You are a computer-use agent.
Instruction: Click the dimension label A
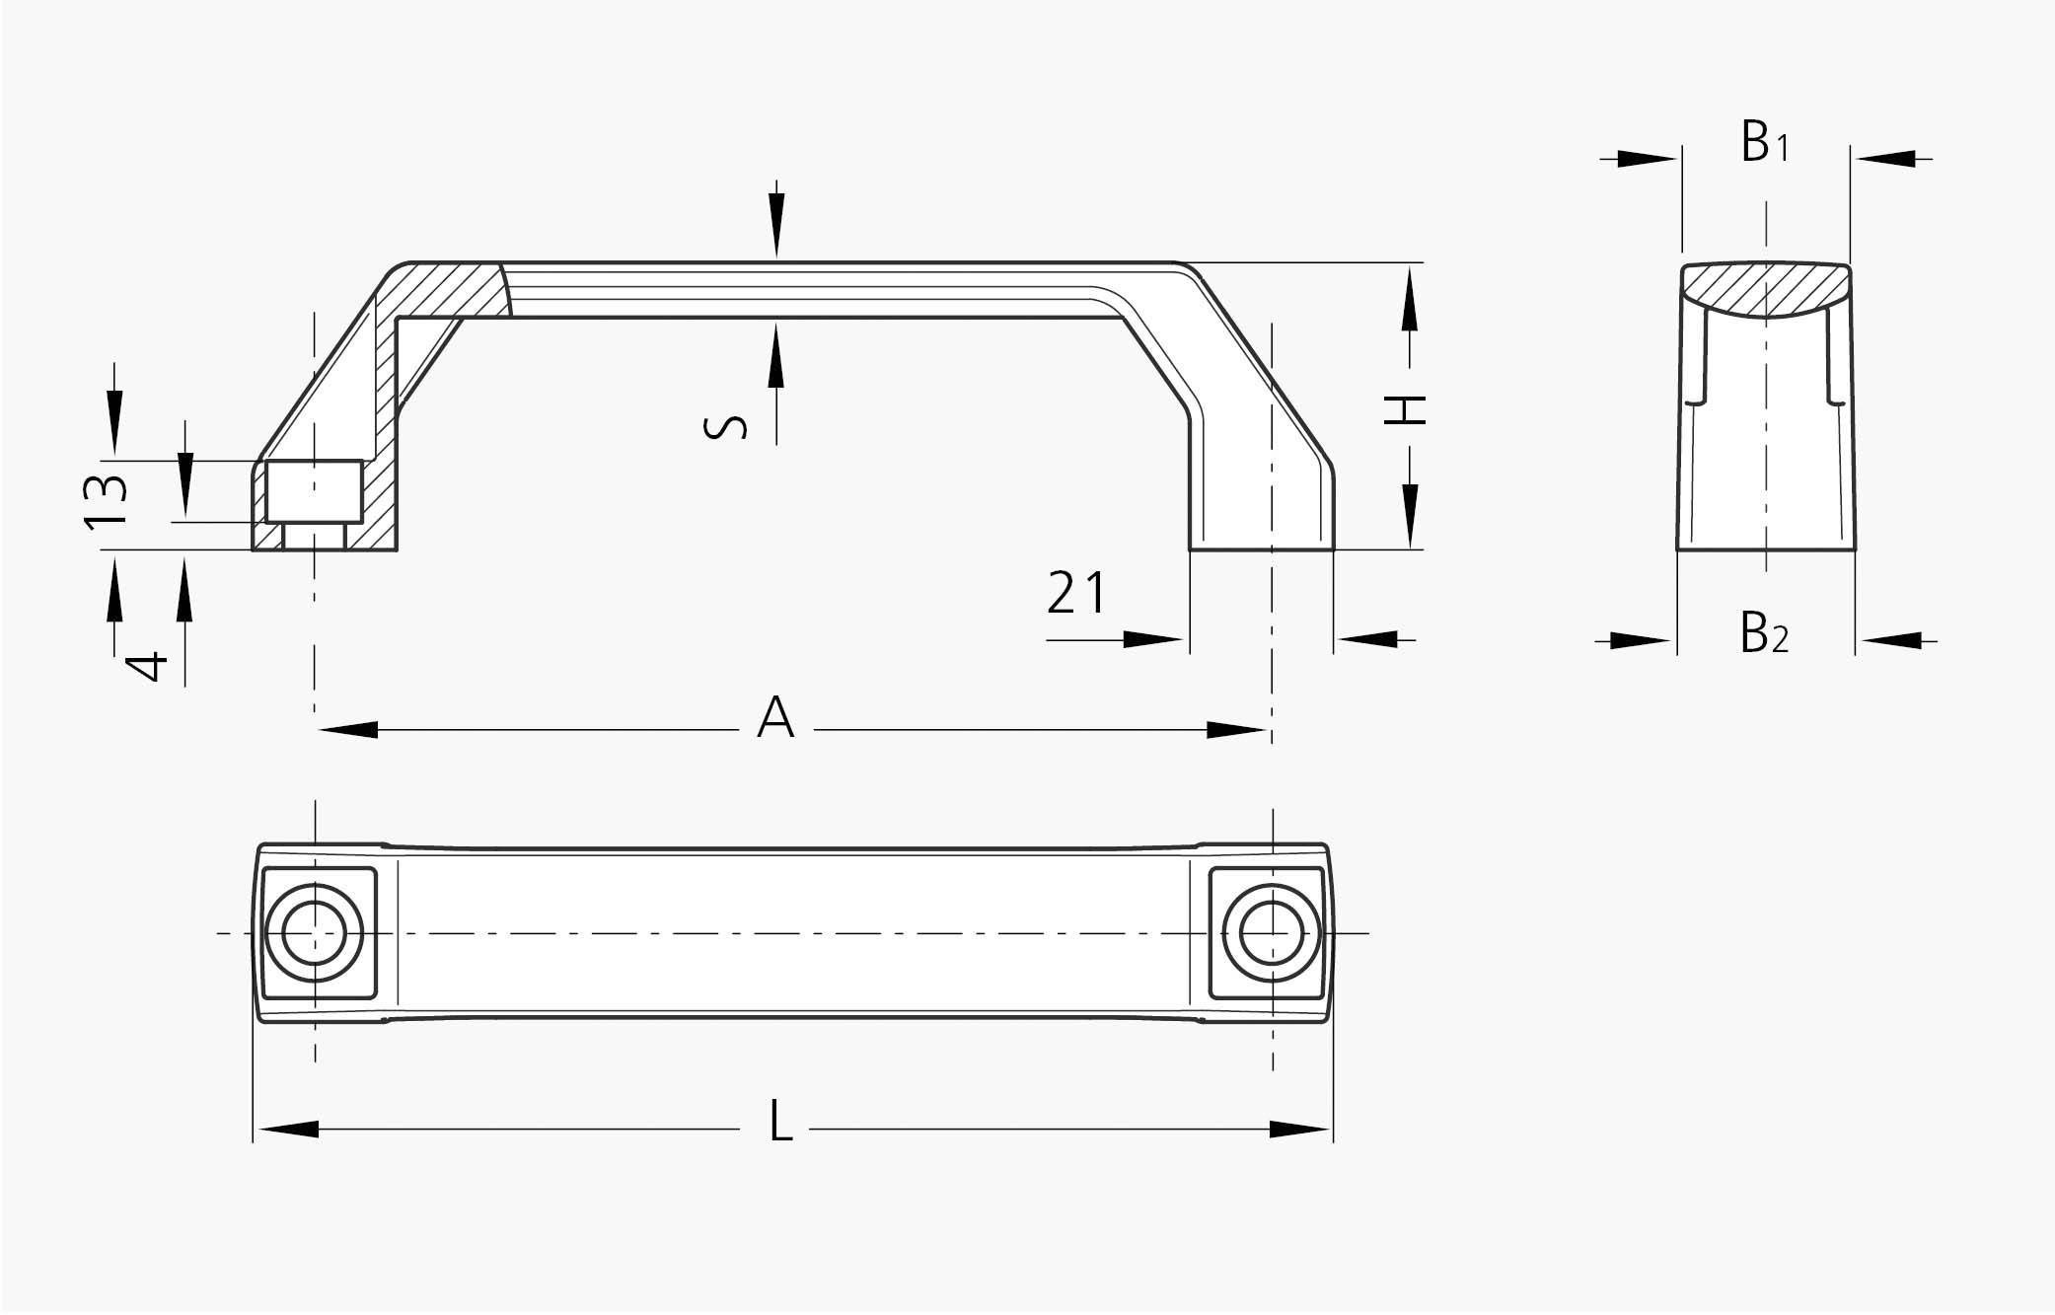pyautogui.click(x=775, y=718)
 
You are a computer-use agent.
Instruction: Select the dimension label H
pyautogui.click(x=1406, y=409)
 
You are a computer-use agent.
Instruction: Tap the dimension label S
pyautogui.click(x=725, y=426)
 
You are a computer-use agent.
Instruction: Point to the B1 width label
pyautogui.click(x=1764, y=144)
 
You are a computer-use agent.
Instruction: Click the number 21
pyautogui.click(x=1076, y=594)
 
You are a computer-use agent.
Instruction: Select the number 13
pyautogui.click(x=107, y=502)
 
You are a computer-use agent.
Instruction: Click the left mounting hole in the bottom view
pyautogui.click(x=316, y=932)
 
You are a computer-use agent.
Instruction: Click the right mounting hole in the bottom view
pyautogui.click(x=1271, y=932)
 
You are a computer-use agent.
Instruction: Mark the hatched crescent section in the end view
pyautogui.click(x=1766, y=291)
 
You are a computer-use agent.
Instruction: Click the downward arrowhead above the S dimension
pyautogui.click(x=776, y=238)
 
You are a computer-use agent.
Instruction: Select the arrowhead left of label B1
pyautogui.click(x=1648, y=159)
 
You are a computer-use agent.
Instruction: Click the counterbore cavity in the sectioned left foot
pyautogui.click(x=315, y=491)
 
